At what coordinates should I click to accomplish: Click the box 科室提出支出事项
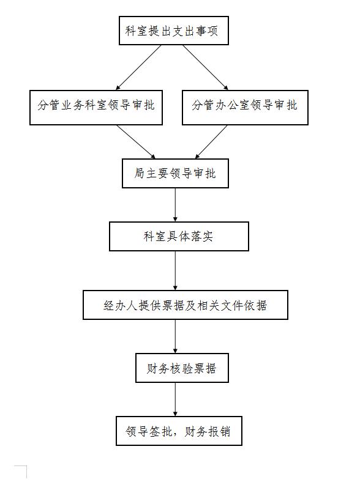(x=174, y=31)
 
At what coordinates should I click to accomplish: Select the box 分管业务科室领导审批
(x=96, y=108)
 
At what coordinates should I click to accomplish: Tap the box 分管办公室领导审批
(x=245, y=108)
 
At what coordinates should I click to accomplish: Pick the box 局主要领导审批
(x=175, y=173)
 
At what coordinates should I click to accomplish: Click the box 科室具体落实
(x=179, y=236)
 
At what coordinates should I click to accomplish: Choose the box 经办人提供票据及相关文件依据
(x=186, y=305)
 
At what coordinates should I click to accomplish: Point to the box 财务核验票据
(x=182, y=368)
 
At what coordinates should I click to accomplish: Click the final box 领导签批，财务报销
(x=179, y=431)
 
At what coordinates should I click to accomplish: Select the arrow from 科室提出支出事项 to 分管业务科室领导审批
(x=138, y=68)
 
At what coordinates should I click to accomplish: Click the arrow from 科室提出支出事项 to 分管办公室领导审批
(x=206, y=68)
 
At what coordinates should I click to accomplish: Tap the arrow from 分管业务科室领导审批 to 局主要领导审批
(x=136, y=142)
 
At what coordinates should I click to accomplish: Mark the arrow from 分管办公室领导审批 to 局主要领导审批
(x=211, y=142)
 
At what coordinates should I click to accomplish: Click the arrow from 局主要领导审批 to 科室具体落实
(x=175, y=205)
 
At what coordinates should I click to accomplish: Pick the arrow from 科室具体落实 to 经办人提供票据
(x=175, y=270)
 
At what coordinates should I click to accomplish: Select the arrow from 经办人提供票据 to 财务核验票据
(x=175, y=336)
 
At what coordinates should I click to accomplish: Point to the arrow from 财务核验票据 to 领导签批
(x=175, y=399)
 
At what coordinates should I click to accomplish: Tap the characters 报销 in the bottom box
(x=219, y=431)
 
